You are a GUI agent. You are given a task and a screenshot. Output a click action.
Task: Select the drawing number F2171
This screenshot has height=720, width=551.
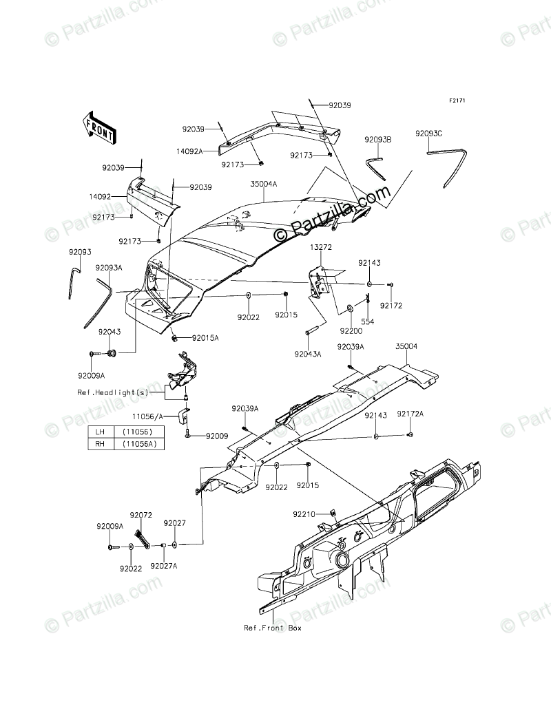click(457, 101)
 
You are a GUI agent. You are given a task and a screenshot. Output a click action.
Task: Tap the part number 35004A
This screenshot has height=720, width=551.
click(264, 184)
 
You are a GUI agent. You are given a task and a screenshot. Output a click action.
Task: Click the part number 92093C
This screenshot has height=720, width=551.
click(448, 134)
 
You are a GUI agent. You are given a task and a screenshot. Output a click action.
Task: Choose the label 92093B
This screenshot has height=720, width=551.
click(378, 139)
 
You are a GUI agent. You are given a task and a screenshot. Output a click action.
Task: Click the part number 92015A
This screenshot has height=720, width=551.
click(205, 338)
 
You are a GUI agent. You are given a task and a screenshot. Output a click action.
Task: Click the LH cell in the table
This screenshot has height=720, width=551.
click(101, 432)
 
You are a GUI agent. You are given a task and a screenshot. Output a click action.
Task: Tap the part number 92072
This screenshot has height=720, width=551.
click(141, 514)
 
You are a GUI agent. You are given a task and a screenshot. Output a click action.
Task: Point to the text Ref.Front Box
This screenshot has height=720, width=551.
click(273, 628)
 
